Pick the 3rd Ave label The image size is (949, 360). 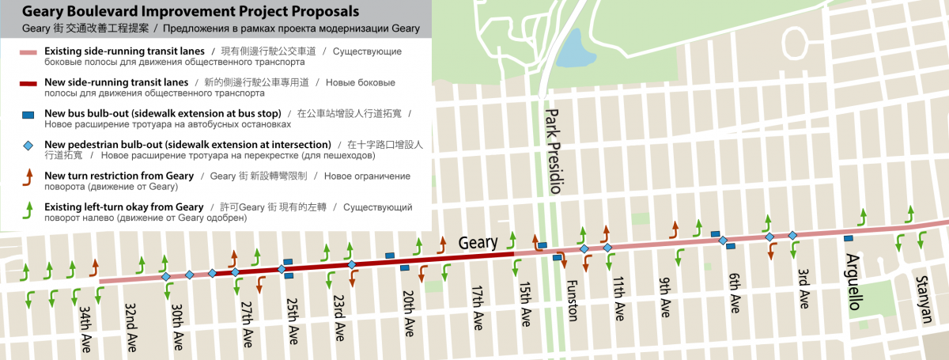[803, 287]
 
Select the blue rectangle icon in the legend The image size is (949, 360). [28, 115]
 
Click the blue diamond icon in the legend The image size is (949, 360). [28, 146]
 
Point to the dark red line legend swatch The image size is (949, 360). [28, 83]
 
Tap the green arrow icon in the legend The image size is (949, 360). [28, 209]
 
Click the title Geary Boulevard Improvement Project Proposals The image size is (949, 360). [190, 12]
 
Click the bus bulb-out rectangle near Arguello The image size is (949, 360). [849, 238]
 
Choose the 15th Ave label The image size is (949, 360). [526, 305]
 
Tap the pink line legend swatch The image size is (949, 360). [28, 52]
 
